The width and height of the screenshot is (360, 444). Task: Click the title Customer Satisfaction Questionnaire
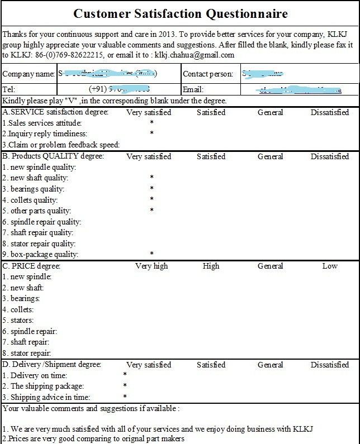pyautogui.click(x=181, y=13)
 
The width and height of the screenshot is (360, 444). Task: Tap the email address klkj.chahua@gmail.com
pyautogui.click(x=192, y=55)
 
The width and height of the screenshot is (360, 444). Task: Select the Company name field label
pyautogui.click(x=28, y=74)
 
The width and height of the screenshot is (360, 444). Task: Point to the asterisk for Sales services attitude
pyautogui.click(x=151, y=123)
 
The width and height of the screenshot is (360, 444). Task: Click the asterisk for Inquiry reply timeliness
pyautogui.click(x=151, y=134)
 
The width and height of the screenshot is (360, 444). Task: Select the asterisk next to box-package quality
pyautogui.click(x=151, y=254)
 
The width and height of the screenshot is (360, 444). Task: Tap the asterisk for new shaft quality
pyautogui.click(x=151, y=178)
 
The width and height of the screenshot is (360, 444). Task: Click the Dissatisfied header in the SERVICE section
pyautogui.click(x=330, y=112)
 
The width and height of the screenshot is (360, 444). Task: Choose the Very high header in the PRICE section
pyautogui.click(x=151, y=266)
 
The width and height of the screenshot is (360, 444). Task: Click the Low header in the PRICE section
pyautogui.click(x=330, y=266)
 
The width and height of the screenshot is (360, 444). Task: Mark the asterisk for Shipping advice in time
pyautogui.click(x=125, y=397)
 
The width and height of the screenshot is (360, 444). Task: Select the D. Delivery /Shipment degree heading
pyautogui.click(x=52, y=365)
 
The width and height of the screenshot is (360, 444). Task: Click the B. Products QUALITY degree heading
pyautogui.click(x=53, y=156)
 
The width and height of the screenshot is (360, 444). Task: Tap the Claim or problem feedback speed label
pyautogui.click(x=61, y=145)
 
